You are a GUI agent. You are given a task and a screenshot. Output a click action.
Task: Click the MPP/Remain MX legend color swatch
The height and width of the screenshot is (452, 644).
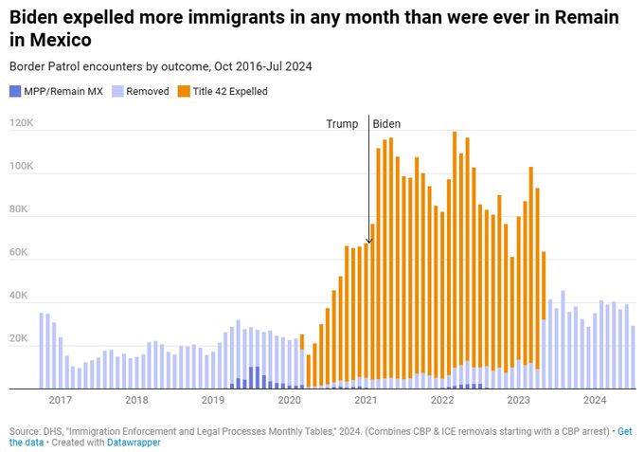[15, 92]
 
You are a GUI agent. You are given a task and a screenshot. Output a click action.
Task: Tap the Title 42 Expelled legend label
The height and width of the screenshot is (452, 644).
[229, 92]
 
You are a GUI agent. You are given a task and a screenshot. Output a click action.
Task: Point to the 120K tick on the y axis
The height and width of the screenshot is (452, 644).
[21, 123]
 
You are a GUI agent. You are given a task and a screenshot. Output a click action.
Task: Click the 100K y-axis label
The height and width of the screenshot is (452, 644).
[21, 167]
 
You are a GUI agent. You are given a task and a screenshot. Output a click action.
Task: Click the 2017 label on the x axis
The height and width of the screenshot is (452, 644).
[61, 400]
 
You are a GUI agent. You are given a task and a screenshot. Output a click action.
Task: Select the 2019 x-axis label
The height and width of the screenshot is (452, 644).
[213, 400]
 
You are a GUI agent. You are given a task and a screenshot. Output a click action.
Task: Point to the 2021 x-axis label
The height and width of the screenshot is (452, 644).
[366, 400]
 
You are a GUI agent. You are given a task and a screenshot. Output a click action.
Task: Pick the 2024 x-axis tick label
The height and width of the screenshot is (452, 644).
[595, 400]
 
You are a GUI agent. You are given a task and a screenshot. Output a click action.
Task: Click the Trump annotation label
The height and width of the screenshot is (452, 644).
[342, 124]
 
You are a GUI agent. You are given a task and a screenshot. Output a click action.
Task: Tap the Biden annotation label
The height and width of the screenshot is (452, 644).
[386, 124]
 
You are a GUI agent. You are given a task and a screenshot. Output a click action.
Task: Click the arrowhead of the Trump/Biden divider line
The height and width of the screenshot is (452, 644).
[368, 243]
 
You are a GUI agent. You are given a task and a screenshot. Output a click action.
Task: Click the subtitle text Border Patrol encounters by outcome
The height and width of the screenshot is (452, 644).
[99, 66]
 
